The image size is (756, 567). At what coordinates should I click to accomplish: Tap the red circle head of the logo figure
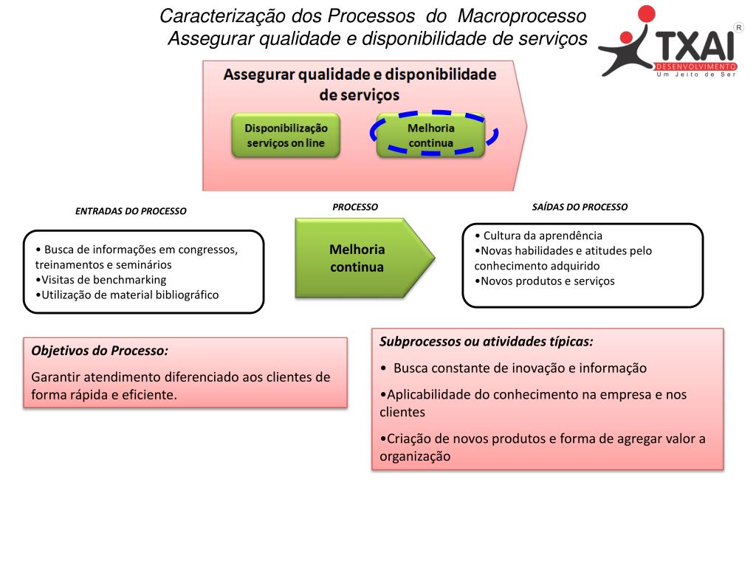point(647,14)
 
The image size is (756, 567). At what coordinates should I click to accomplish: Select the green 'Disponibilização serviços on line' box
point(285,135)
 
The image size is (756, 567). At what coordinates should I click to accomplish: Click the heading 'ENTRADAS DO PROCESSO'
point(131,211)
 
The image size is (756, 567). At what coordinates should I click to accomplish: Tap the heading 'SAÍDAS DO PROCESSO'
point(580,207)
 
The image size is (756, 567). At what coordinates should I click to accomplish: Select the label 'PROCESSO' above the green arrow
point(355,207)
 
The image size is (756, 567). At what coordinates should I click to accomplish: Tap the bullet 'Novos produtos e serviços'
point(547,281)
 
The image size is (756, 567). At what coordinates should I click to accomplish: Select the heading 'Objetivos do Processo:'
point(100,351)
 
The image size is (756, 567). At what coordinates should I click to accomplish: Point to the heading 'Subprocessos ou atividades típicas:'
point(487,342)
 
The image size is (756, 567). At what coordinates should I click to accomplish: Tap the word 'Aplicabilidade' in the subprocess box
point(427,394)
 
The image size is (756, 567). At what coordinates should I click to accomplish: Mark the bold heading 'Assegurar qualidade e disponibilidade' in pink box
point(360,75)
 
